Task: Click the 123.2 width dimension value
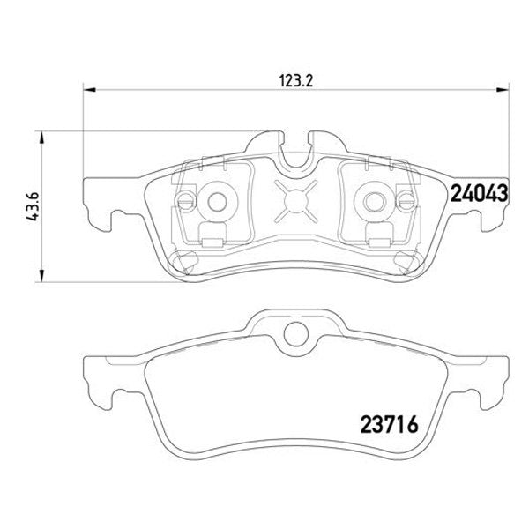pos(296,81)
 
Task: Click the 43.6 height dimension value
pos(34,207)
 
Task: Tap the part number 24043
pos(479,193)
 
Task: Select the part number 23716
pos(390,424)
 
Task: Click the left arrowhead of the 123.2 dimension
pos(89,89)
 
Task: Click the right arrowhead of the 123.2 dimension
pos(502,89)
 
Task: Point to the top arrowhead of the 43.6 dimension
pos(41,138)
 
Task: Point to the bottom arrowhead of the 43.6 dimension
pos(41,275)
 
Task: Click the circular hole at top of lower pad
pos(296,334)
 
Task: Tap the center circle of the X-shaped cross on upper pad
pos(296,201)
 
